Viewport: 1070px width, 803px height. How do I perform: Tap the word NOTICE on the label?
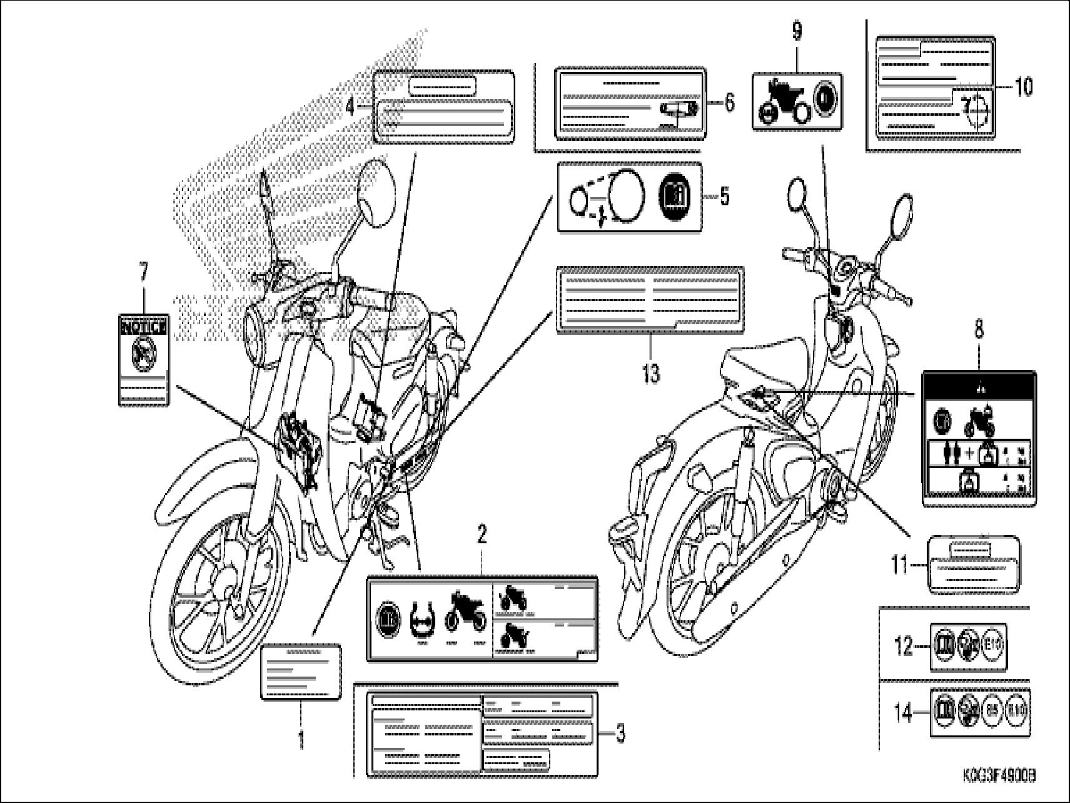tap(144, 326)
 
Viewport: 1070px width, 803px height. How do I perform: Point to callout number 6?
tap(729, 103)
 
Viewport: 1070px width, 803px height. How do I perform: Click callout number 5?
tap(724, 197)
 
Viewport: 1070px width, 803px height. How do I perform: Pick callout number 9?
tap(797, 31)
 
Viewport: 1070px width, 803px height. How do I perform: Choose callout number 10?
tap(1023, 87)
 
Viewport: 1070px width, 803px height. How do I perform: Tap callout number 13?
tap(651, 374)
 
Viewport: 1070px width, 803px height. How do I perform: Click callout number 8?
tap(978, 329)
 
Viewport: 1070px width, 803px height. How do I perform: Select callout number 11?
tap(899, 566)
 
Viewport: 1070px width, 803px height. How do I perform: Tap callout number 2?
tap(482, 534)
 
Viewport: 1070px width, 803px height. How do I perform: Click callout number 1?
tap(301, 741)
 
